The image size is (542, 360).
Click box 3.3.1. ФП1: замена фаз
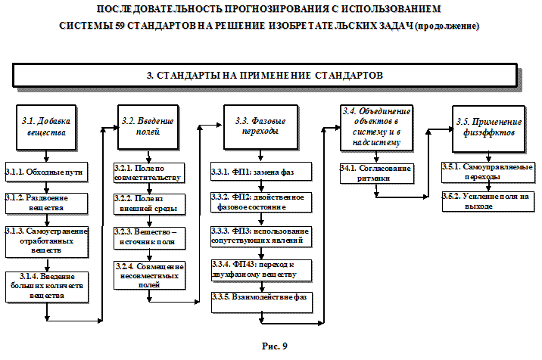pyautogui.click(x=260, y=173)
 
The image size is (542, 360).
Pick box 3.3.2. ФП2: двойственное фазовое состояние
pyautogui.click(x=260, y=201)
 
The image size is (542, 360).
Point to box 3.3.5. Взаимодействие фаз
pyautogui.click(x=260, y=299)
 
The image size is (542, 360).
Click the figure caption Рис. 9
pyautogui.click(x=275, y=346)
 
